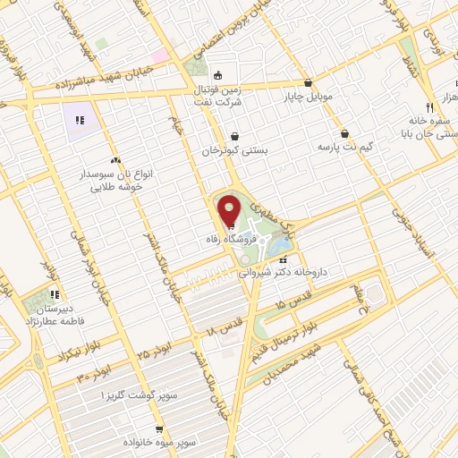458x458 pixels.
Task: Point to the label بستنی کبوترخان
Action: point(235,151)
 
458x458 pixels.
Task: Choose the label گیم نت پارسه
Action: point(345,146)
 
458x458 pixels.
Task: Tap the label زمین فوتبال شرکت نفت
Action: point(220,97)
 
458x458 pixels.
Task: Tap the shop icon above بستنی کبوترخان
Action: point(234,136)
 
